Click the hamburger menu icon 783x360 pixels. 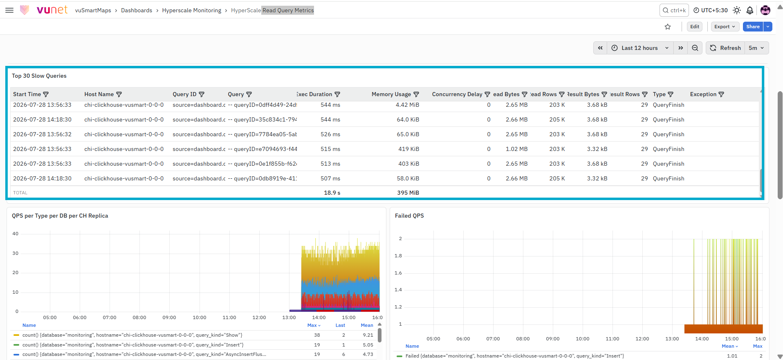point(9,10)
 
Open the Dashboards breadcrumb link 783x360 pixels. point(137,10)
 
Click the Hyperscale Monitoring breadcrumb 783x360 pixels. point(192,10)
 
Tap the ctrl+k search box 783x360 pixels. point(674,10)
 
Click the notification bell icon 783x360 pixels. point(750,10)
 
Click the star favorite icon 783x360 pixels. point(668,27)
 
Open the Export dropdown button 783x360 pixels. point(725,27)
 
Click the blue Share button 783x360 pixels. point(753,27)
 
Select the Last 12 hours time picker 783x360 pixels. point(640,48)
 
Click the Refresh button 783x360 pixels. point(725,48)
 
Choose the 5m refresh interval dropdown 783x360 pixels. point(756,48)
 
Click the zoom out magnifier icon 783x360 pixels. point(695,48)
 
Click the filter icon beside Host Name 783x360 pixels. point(119,94)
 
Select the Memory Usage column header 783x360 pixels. point(391,94)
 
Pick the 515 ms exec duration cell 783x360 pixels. point(330,149)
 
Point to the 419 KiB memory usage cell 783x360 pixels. point(409,149)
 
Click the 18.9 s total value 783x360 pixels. point(332,193)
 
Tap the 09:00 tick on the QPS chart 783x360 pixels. point(169,317)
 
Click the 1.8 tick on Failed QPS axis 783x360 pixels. point(398,256)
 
